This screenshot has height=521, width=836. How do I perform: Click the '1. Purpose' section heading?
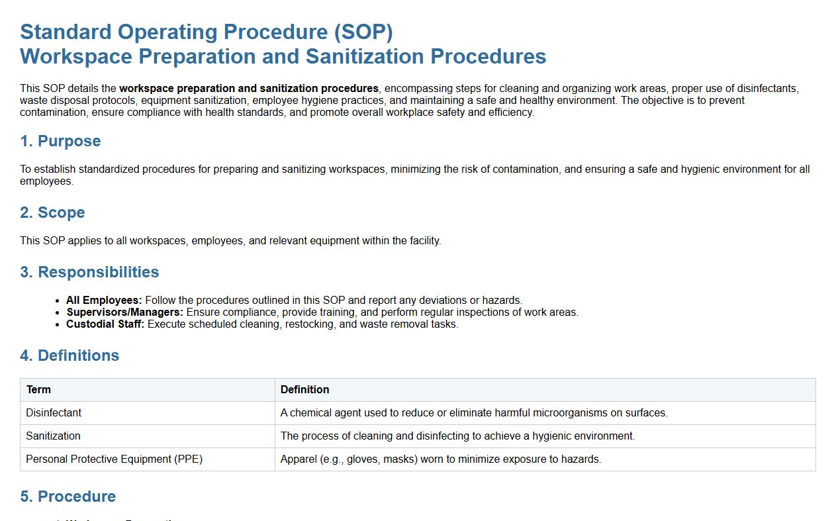(60, 141)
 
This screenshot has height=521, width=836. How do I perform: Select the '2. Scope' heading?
(52, 213)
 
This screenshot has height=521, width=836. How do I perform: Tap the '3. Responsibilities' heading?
(89, 272)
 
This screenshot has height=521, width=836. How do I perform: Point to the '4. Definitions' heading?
(70, 355)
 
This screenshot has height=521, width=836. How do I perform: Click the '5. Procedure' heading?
(68, 497)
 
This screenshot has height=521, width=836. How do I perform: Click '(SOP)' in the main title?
(363, 32)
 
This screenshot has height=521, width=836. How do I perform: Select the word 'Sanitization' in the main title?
(365, 56)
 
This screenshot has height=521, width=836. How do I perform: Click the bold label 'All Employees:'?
(104, 300)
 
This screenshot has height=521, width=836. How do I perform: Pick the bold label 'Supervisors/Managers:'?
(124, 312)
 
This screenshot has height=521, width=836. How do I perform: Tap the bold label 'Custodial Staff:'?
(105, 324)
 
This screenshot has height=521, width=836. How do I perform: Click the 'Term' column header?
(38, 390)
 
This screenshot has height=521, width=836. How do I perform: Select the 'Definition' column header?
(304, 390)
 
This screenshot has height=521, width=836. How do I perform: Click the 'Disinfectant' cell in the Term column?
(54, 413)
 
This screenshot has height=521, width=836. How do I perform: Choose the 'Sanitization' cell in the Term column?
(53, 436)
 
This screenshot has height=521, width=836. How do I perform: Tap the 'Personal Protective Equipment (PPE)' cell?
(115, 459)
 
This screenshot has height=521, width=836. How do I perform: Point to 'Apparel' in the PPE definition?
(299, 459)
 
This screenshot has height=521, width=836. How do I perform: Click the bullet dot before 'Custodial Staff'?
(57, 324)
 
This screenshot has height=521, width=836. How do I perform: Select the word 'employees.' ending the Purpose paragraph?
(46, 181)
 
